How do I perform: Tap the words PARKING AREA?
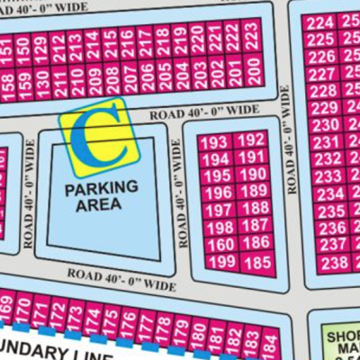coord(101,195)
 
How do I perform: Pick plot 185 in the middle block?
coord(256,263)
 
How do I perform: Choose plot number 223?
coord(252,36)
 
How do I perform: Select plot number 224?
coord(319,22)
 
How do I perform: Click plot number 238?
coord(334,264)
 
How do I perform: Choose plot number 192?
coord(254,140)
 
